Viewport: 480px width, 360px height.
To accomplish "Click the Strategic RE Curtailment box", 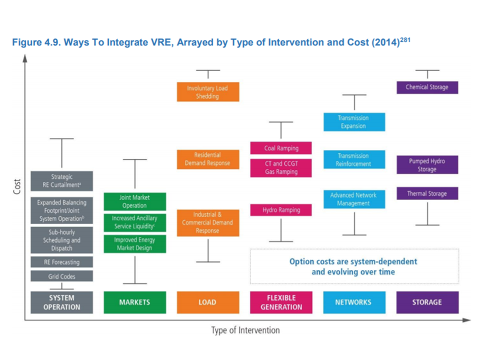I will click(61, 181).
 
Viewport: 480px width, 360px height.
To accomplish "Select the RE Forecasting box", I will click(61, 262).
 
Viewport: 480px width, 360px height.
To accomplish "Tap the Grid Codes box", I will click(61, 276).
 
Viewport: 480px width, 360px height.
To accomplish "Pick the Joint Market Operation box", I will click(134, 201).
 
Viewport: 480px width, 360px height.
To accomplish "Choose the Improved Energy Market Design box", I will click(134, 244).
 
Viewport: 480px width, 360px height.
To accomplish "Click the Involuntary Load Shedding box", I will click(207, 92).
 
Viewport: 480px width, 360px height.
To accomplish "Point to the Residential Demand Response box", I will click(207, 159).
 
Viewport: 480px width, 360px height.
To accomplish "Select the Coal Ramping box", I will click(281, 148).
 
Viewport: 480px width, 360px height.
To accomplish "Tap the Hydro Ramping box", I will click(281, 210).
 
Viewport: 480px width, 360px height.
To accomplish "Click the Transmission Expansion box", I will click(354, 122).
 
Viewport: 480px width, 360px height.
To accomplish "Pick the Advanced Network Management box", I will click(354, 199).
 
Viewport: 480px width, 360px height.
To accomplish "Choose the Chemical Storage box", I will click(427, 87).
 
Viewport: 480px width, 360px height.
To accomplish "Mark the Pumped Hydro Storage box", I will click(427, 165).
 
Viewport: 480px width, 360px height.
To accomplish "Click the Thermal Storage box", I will click(427, 193).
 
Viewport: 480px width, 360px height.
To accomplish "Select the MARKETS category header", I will click(134, 302).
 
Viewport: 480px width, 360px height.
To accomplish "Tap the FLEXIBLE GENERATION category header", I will click(281, 302).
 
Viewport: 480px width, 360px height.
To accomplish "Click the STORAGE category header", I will click(427, 302).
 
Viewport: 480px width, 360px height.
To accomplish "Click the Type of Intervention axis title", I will click(245, 330).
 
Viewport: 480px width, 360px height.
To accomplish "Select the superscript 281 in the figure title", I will click(405, 40).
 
